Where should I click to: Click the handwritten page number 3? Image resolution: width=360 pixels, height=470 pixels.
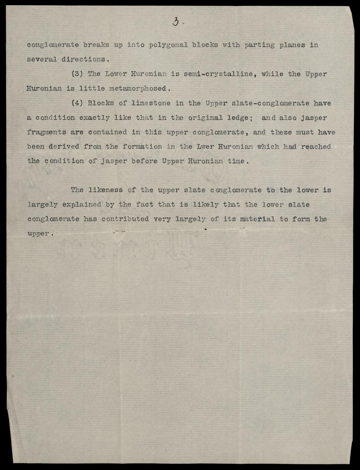(176, 22)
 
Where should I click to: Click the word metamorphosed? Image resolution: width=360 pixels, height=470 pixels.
(138, 89)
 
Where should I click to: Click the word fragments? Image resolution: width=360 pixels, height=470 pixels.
(46, 132)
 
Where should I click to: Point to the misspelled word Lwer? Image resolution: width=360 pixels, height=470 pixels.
(204, 147)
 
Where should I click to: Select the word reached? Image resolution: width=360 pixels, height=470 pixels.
(316, 147)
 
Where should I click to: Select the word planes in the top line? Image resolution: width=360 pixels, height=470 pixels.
(292, 45)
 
